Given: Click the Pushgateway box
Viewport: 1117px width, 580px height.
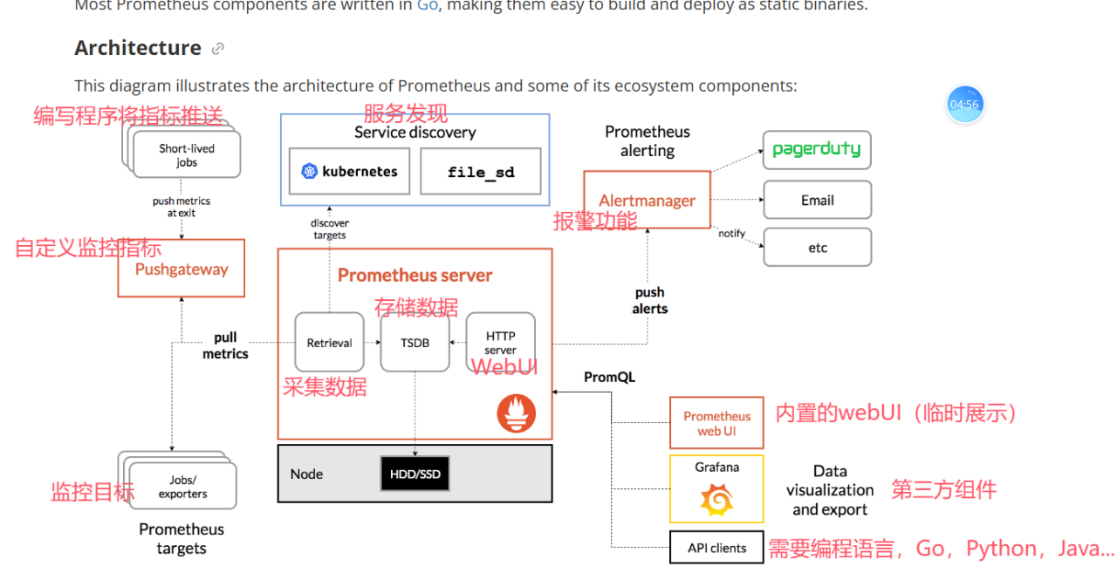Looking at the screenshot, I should (182, 269).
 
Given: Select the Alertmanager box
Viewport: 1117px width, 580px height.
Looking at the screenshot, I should (647, 200).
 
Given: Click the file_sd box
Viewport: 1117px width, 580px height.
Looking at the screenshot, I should (480, 171).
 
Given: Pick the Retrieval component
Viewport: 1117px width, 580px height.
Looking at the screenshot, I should (329, 343).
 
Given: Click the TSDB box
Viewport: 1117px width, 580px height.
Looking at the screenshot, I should (415, 343).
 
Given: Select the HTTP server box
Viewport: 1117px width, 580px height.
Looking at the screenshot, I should (500, 343).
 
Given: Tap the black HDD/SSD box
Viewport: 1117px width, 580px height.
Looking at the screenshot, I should (415, 474).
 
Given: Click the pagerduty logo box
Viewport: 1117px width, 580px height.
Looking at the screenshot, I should (817, 150).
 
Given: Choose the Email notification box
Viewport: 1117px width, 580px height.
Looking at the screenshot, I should (817, 200).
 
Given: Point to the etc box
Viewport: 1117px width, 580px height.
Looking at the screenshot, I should (817, 248).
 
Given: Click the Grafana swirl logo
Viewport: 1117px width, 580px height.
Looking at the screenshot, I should (716, 501).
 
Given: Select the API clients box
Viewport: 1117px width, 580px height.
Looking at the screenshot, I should (716, 549).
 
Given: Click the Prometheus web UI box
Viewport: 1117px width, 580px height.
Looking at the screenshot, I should (716, 423).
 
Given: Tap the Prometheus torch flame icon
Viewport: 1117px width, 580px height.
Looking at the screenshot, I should (517, 413).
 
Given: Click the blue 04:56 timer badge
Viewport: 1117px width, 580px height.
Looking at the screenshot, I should (964, 105).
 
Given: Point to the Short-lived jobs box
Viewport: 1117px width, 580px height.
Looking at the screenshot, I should (186, 155).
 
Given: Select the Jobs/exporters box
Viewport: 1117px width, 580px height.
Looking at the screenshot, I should (182, 486).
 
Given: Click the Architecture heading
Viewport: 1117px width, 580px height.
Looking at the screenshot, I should (138, 48).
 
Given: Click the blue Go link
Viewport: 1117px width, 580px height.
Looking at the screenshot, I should (428, 5).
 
